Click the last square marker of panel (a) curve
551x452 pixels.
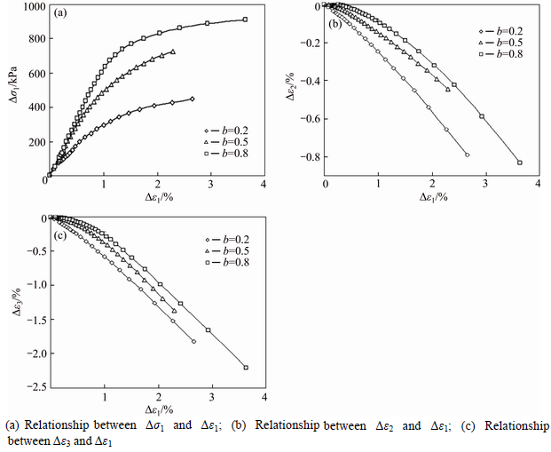pos(245,20)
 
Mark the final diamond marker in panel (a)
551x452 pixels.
pos(193,99)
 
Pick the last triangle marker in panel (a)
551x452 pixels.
pos(173,52)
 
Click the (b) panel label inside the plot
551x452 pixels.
pos(336,24)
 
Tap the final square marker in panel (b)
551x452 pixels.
pos(520,163)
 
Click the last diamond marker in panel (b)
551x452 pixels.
pos(467,155)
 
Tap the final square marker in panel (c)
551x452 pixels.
pos(246,367)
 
